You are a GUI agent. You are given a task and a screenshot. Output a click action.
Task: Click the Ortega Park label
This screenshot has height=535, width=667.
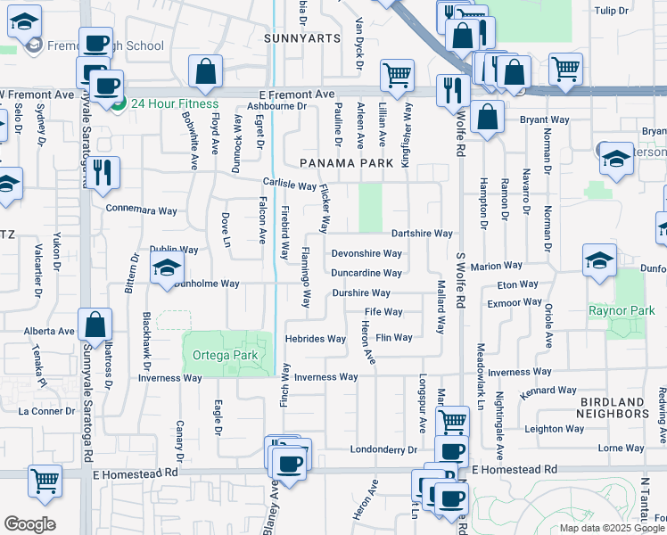[x=225, y=355]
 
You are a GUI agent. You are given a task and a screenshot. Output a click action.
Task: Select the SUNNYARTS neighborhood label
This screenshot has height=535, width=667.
[x=303, y=38]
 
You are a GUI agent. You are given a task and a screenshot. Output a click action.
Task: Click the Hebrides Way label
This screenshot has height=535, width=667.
[x=315, y=339]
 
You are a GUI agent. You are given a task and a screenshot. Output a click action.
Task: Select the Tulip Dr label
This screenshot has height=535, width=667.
[x=637, y=10]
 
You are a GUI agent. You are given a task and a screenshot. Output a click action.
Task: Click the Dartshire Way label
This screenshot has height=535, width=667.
[x=422, y=233]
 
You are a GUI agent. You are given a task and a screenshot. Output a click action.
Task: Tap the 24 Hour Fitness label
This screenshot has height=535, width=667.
[x=174, y=103]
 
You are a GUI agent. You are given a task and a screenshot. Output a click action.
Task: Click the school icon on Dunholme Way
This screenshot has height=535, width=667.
[x=167, y=268]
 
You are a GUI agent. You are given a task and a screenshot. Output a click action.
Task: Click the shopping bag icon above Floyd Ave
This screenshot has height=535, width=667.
[x=205, y=72]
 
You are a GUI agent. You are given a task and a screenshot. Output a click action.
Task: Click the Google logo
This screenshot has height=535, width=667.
[x=29, y=524]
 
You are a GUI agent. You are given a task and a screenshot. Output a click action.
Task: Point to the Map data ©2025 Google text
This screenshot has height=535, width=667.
[x=610, y=528]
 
